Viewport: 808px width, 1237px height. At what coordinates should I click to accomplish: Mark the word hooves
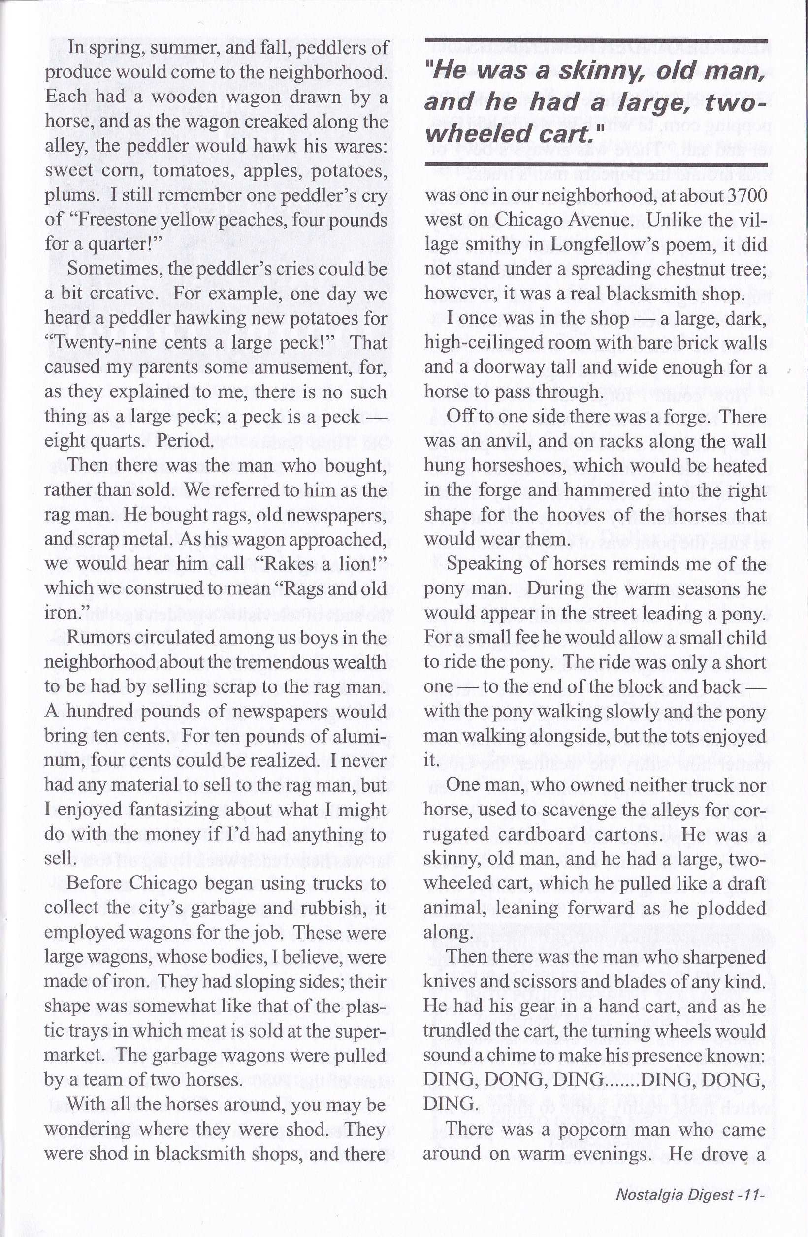point(577,515)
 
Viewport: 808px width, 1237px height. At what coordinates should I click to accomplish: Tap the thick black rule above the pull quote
point(595,41)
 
